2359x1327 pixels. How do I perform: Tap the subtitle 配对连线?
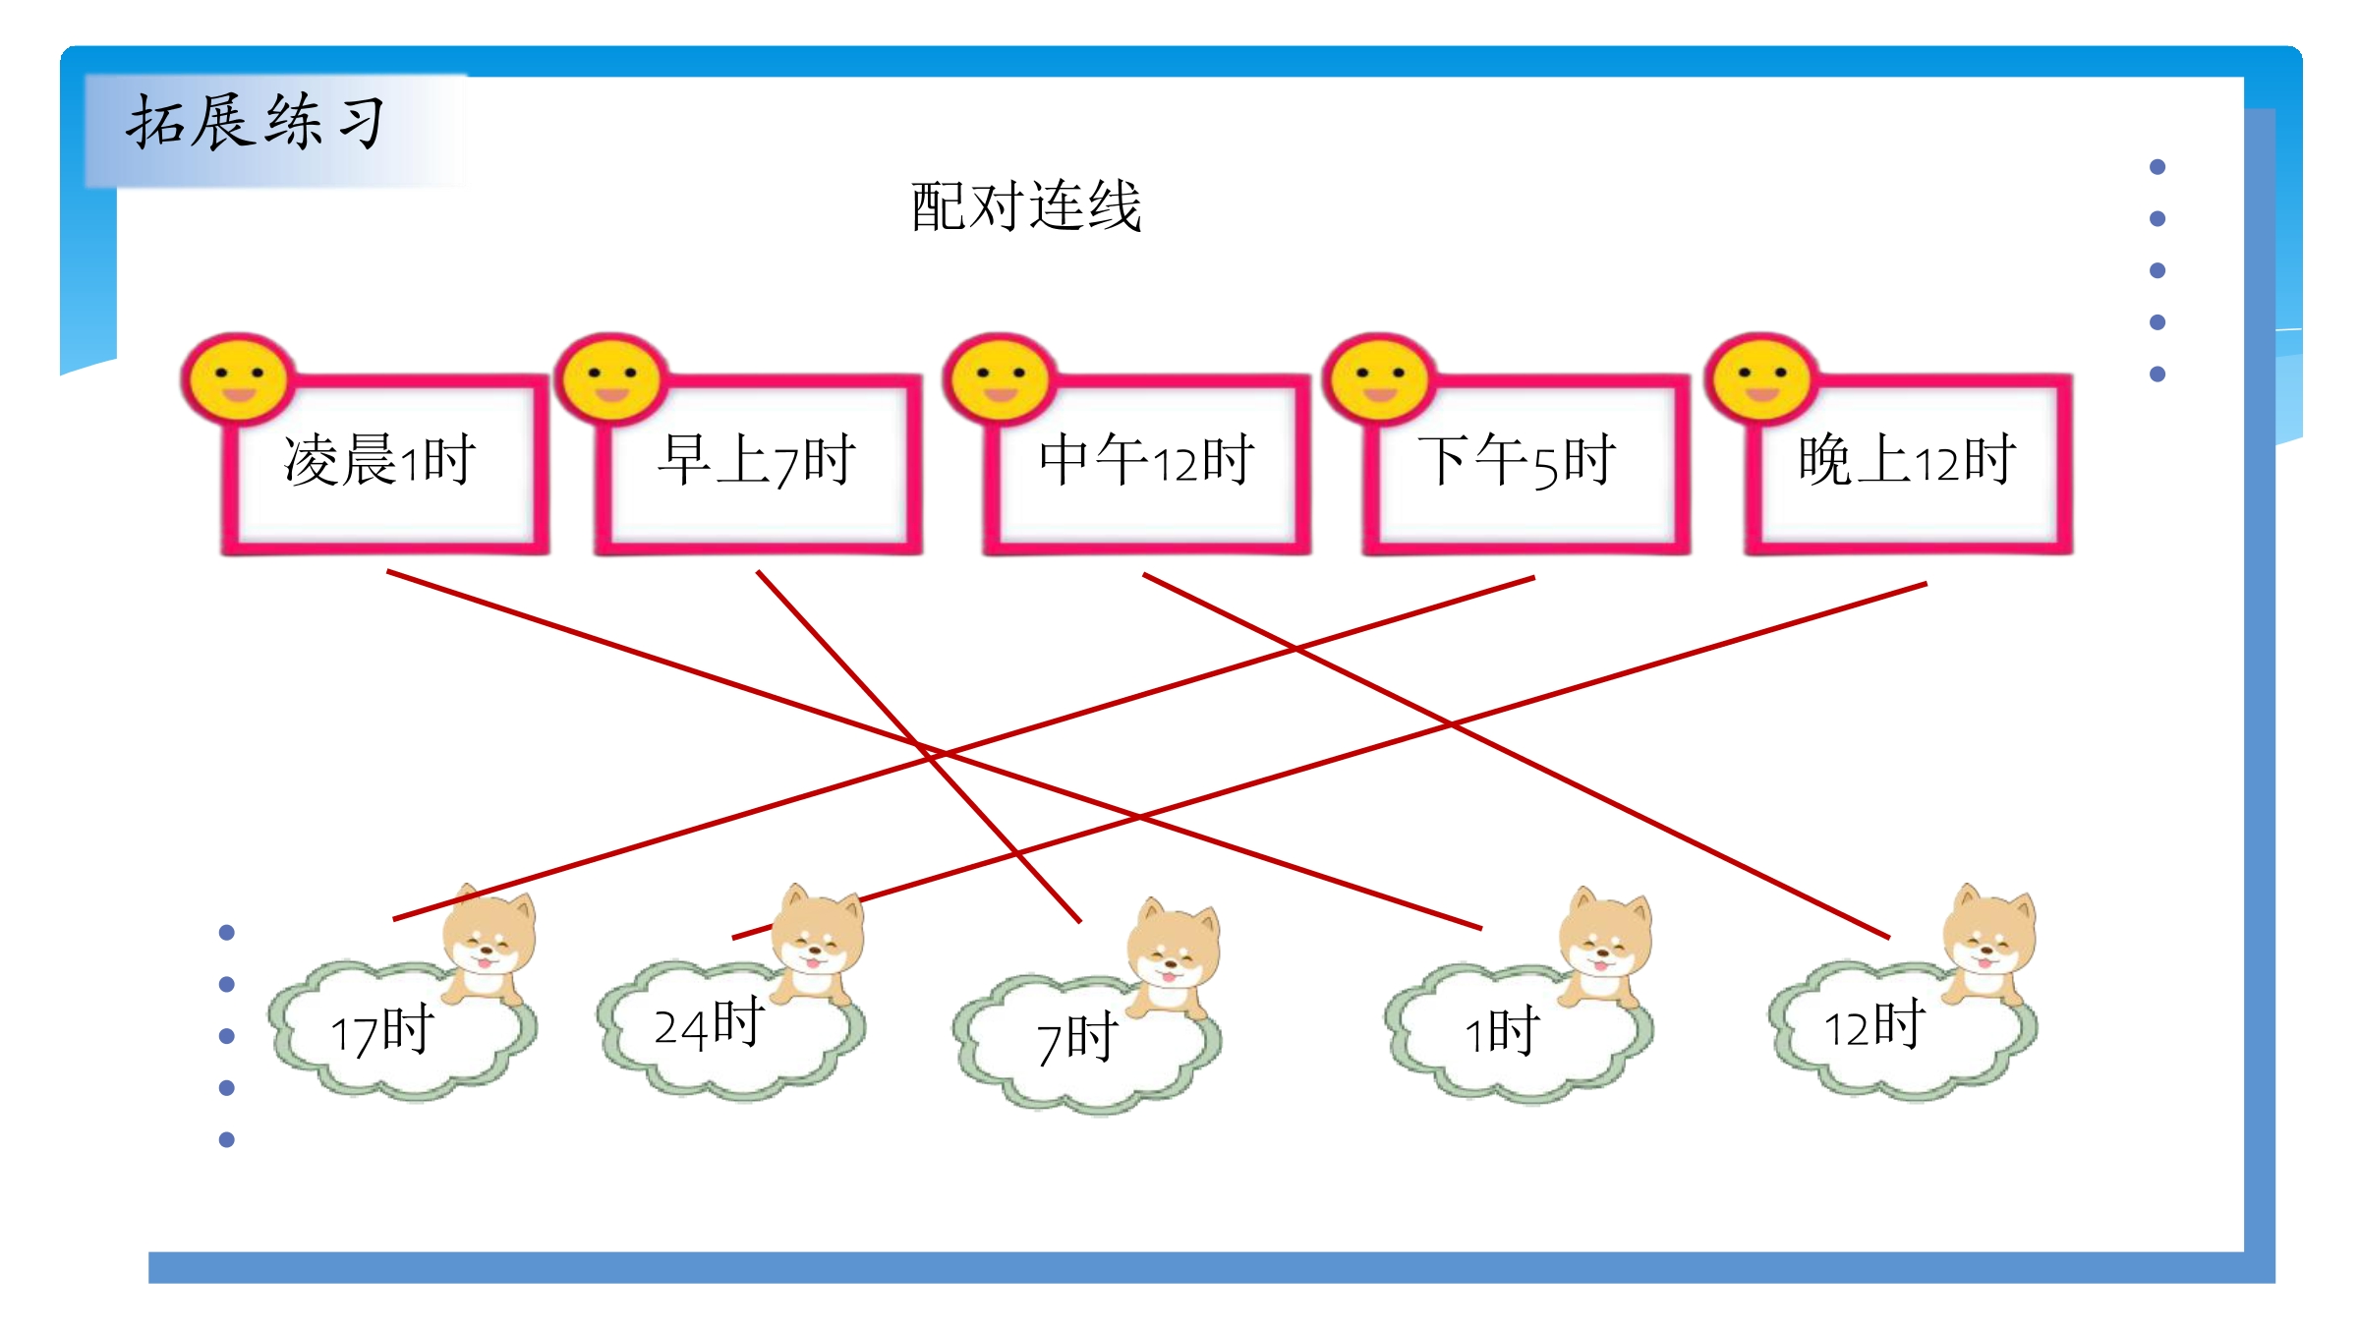click(1026, 206)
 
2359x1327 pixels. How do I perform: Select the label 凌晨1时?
click(380, 460)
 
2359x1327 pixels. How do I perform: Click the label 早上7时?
click(757, 460)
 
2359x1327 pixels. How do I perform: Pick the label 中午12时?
click(1147, 460)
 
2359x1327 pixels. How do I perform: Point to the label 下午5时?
click(1518, 460)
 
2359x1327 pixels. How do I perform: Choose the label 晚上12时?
click(1908, 460)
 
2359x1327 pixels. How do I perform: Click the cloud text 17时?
click(381, 1031)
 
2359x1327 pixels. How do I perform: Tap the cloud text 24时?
click(710, 1023)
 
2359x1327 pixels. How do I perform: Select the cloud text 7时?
click(1077, 1039)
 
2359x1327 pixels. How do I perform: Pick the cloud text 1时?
click(1502, 1031)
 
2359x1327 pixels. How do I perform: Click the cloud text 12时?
click(1874, 1025)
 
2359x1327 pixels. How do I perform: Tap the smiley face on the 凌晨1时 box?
click(239, 379)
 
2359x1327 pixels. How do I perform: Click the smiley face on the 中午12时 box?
click(1001, 379)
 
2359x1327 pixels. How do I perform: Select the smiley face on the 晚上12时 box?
click(1761, 379)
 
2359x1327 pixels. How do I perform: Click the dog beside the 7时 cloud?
click(1173, 958)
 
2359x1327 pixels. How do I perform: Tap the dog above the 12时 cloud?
click(1988, 945)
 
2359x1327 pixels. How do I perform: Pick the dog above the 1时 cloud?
click(1605, 947)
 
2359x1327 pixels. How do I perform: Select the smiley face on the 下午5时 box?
click(1380, 379)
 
